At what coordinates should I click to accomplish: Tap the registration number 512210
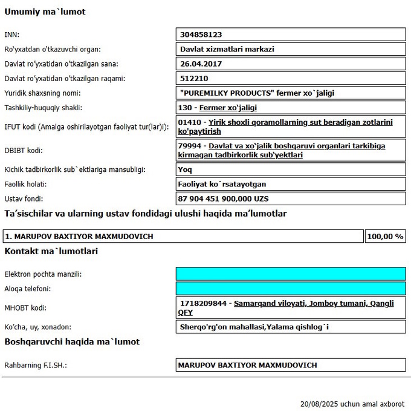pos(194,78)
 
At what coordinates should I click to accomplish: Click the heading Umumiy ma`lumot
pos(45,12)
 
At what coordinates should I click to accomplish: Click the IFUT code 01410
pos(192,122)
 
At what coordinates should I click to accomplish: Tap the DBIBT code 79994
pos(192,146)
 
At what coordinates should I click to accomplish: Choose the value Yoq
pos(185,169)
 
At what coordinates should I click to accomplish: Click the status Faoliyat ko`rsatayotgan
pos(222,184)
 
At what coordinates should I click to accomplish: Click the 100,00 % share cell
pos(385,236)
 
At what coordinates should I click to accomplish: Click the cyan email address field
pos(290,274)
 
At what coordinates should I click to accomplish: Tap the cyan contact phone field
pos(290,289)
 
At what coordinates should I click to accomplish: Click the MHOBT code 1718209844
pos(204,303)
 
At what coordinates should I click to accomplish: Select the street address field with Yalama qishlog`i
pos(254,327)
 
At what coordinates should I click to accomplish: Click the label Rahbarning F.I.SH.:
pos(35,366)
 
